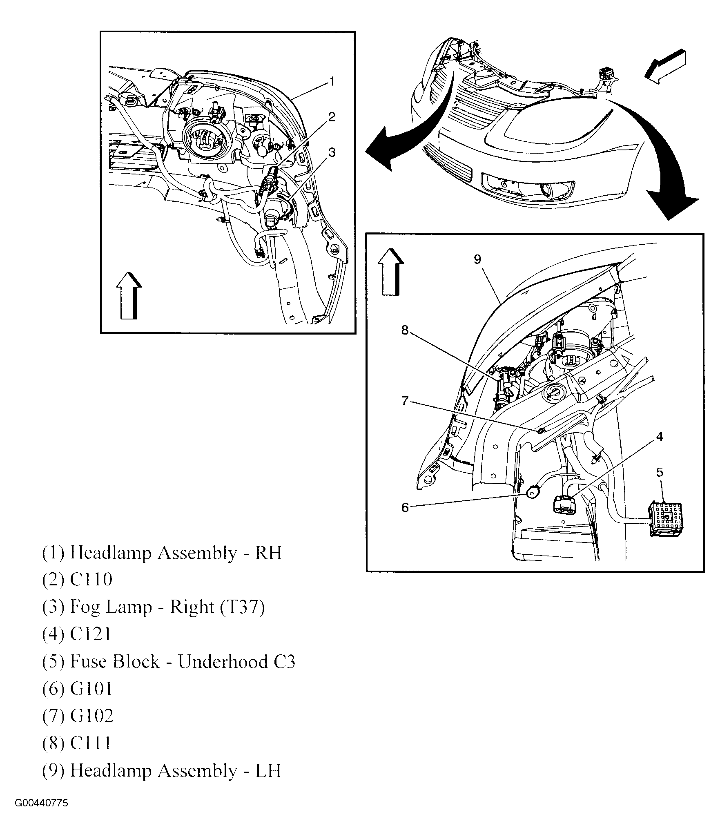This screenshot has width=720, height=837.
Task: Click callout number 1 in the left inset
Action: pos(332,82)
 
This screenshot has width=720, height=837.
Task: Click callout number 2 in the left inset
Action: pos(332,117)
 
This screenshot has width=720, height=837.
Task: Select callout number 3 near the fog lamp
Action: pos(332,152)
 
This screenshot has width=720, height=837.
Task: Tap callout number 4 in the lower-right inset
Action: pos(660,437)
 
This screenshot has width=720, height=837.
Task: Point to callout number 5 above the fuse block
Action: pos(660,472)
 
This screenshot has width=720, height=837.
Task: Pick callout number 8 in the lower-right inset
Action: pos(405,330)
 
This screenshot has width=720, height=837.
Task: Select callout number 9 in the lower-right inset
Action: pos(478,259)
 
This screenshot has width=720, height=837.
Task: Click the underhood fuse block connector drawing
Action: pos(666,519)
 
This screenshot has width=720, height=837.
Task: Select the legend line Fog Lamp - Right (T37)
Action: pos(154,607)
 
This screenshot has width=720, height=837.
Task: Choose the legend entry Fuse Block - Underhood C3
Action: pos(168,661)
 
